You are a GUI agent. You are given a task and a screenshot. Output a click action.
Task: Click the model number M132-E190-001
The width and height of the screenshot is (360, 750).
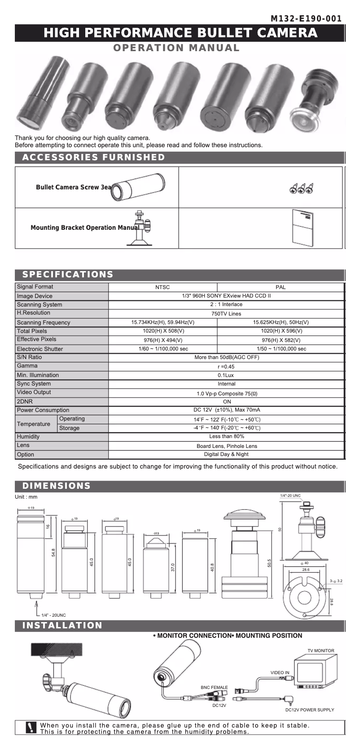[x=306, y=19]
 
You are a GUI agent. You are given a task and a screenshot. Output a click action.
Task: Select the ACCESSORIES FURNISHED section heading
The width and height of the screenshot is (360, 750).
[x=94, y=157]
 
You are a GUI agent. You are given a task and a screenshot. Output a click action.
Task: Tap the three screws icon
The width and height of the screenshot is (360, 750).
[x=301, y=189]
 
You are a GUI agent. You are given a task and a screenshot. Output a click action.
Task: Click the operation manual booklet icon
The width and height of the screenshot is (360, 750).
[x=302, y=228]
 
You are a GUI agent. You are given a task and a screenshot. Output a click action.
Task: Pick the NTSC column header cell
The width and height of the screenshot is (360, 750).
[x=162, y=287]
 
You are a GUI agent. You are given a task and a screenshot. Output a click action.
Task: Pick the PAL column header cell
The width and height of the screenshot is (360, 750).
[x=281, y=287]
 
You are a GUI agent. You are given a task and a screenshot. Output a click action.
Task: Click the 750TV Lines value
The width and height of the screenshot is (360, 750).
[x=226, y=314]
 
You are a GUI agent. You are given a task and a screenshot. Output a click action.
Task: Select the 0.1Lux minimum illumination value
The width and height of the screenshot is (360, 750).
[x=226, y=375]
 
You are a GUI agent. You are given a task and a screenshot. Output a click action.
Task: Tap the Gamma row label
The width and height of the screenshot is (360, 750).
[x=27, y=366]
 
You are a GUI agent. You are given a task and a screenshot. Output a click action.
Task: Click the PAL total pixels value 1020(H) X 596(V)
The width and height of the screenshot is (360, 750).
[x=281, y=331]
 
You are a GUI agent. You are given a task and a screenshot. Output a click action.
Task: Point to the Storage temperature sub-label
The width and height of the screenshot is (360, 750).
[x=69, y=428]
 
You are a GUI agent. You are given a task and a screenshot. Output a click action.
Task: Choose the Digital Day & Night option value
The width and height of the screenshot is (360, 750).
[x=226, y=454]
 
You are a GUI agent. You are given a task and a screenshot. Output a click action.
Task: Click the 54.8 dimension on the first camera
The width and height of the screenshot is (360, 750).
[x=53, y=553]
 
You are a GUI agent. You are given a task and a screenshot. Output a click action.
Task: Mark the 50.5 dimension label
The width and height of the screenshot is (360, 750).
[x=269, y=563]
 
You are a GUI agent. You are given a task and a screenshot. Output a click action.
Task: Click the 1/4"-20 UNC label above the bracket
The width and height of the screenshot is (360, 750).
[x=290, y=496]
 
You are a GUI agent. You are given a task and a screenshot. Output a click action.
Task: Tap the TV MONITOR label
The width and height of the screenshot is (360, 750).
[x=320, y=650]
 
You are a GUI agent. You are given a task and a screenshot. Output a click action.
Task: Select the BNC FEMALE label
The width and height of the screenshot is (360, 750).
[x=214, y=687]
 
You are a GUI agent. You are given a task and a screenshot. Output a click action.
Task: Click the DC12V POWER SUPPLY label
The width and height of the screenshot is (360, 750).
[x=310, y=710]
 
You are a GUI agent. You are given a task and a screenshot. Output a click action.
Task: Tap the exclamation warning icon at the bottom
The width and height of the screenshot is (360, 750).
[x=31, y=728]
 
